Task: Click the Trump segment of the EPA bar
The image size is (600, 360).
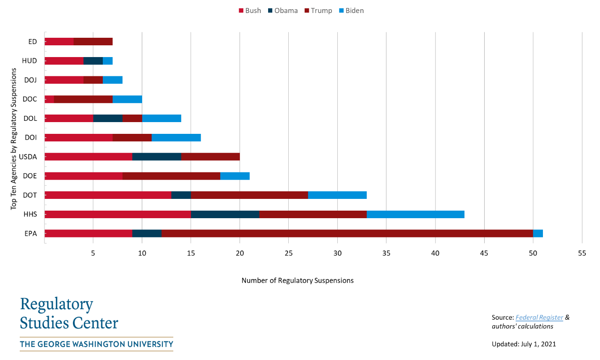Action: coord(347,233)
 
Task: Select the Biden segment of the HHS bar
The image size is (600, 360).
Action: coord(415,214)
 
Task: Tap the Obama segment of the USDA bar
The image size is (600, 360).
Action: coord(157,157)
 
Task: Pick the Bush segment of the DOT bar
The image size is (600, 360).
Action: coord(108,195)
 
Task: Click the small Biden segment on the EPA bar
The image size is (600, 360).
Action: coord(538,233)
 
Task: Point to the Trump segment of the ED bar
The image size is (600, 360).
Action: coord(93,42)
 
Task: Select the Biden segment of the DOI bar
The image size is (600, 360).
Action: coord(176,138)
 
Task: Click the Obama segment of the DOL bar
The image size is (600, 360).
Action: coord(107,118)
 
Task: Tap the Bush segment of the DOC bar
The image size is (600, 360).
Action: coord(49,99)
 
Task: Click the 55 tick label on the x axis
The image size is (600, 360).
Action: coord(582,253)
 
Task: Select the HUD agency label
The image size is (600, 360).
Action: coord(29,61)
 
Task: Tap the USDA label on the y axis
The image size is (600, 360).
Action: coord(28,157)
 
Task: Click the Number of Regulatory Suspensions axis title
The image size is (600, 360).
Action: coord(297,280)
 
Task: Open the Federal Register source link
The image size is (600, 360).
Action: coord(539,318)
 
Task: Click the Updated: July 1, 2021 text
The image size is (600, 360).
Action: coord(524,344)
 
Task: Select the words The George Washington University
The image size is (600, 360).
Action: coord(97,344)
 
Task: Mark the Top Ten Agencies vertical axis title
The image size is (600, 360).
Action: coord(13,138)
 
